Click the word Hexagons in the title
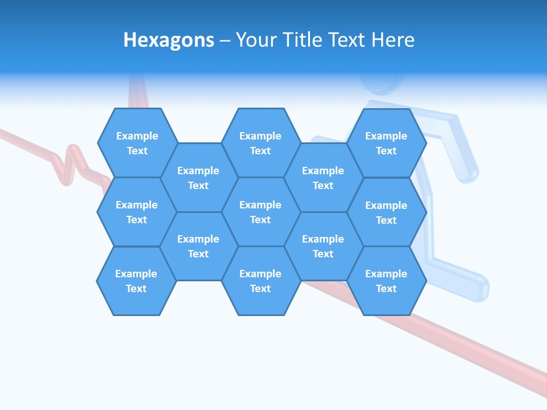pyautogui.click(x=169, y=40)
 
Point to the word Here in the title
pyautogui.click(x=393, y=40)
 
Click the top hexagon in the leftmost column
pyautogui.click(x=137, y=143)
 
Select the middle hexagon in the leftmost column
pyautogui.click(x=137, y=212)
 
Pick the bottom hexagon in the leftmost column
pyautogui.click(x=136, y=281)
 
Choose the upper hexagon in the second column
pyautogui.click(x=198, y=178)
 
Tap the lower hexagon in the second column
pyautogui.click(x=198, y=246)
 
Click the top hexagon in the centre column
pyautogui.click(x=260, y=143)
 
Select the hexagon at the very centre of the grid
pyautogui.click(x=260, y=212)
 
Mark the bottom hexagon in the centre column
pyautogui.click(x=260, y=281)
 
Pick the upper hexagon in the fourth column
pyautogui.click(x=323, y=178)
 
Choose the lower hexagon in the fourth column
pyautogui.click(x=323, y=246)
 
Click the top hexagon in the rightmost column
pyautogui.click(x=386, y=143)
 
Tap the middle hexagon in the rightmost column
pyautogui.click(x=386, y=212)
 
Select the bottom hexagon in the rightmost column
pyautogui.click(x=386, y=281)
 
